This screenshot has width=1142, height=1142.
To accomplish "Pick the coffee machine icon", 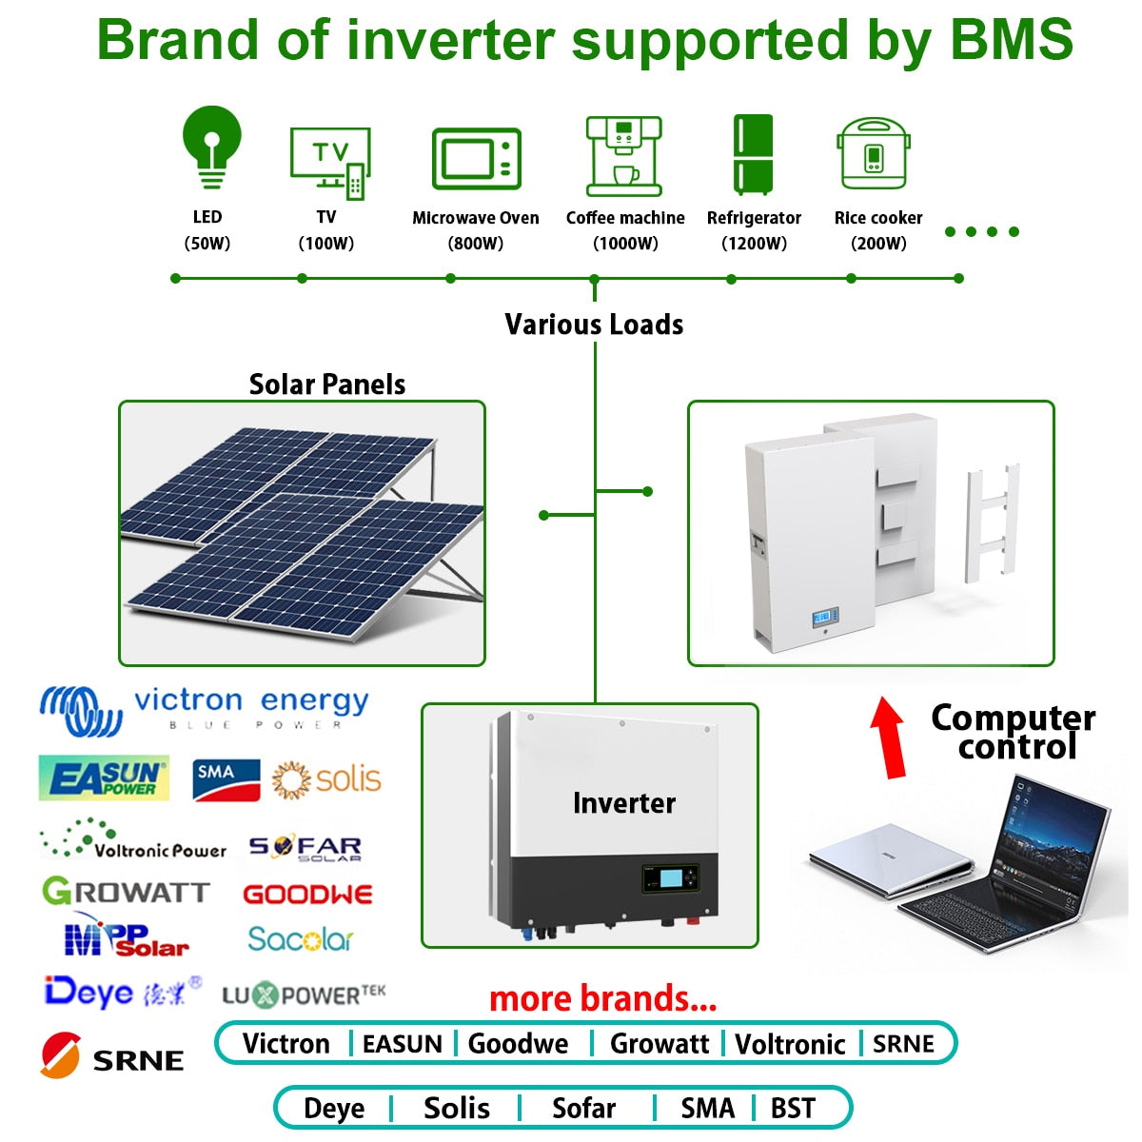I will pos(623,156).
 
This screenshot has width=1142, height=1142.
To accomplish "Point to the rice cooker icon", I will pos(874,153).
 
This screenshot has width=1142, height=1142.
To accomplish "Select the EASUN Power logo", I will pos(104,778).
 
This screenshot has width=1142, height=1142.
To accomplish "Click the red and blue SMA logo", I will pos(226,779).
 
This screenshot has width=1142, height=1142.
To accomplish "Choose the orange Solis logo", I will pos(326,779).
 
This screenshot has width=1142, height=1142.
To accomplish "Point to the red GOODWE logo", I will pos(307,895).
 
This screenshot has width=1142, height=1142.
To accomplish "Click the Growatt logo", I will pos(126,892).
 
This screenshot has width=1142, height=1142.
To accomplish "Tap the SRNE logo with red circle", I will pos(112,1055).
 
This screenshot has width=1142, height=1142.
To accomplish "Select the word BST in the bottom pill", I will pos(793,1109).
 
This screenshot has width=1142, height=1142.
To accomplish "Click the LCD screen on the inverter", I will pos(671,876).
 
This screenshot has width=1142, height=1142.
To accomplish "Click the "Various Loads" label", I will pos(594,325).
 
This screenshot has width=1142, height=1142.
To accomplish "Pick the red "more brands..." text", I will pos(602,998).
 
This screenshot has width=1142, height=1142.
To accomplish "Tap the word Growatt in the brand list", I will pos(660,1044).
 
